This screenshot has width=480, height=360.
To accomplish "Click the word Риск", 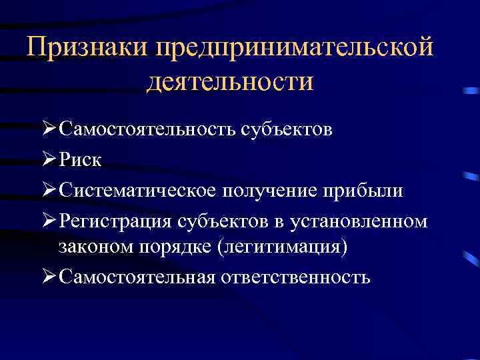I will (x=80, y=160).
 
